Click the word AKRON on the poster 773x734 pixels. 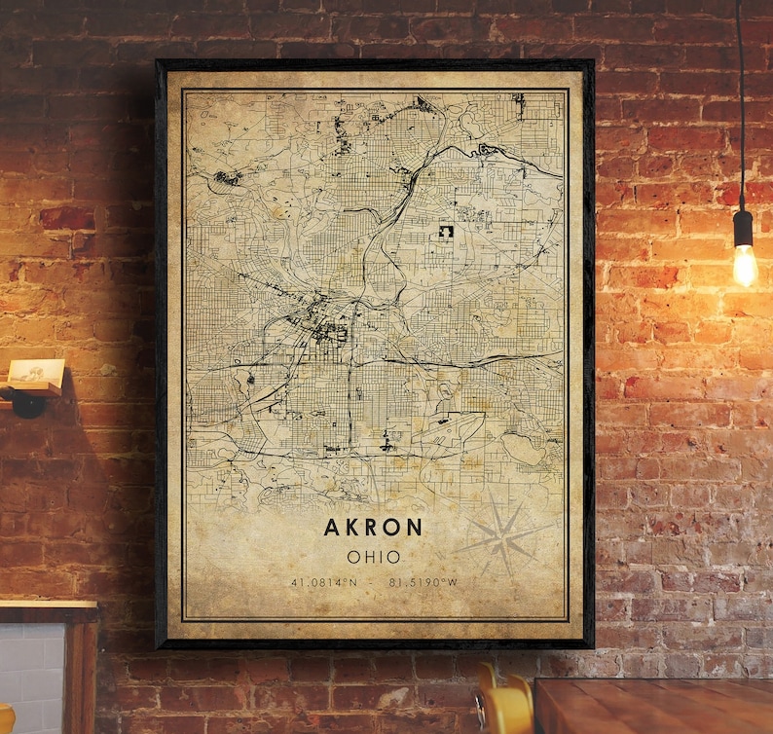pos(375,528)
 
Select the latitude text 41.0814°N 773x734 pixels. pos(323,582)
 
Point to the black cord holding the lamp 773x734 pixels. pos(740,97)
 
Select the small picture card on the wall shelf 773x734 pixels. pos(36,372)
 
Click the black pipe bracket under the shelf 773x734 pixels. pos(26,401)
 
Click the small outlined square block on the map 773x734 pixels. pos(448,234)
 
